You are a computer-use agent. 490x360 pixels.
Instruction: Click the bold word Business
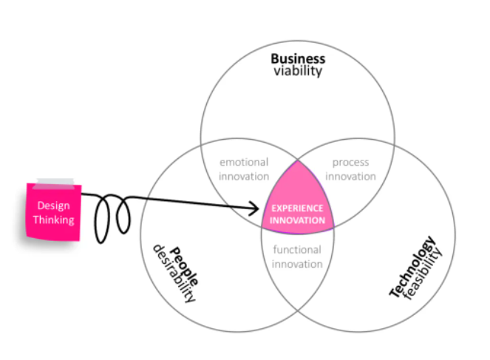(297, 58)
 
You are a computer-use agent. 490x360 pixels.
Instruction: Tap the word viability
(297, 71)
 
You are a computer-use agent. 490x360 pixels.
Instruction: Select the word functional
(297, 250)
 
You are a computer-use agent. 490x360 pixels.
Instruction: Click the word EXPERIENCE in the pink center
(297, 208)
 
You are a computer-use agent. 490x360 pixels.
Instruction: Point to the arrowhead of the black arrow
(262, 209)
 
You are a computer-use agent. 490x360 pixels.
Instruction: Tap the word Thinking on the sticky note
(53, 220)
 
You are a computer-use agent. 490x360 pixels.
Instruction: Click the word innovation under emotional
(245, 177)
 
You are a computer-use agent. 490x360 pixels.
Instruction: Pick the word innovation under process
(350, 177)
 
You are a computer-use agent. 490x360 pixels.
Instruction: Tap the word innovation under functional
(297, 264)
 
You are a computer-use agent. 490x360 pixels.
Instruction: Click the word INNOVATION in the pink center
(297, 220)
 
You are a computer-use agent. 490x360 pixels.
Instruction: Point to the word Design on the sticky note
(53, 206)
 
